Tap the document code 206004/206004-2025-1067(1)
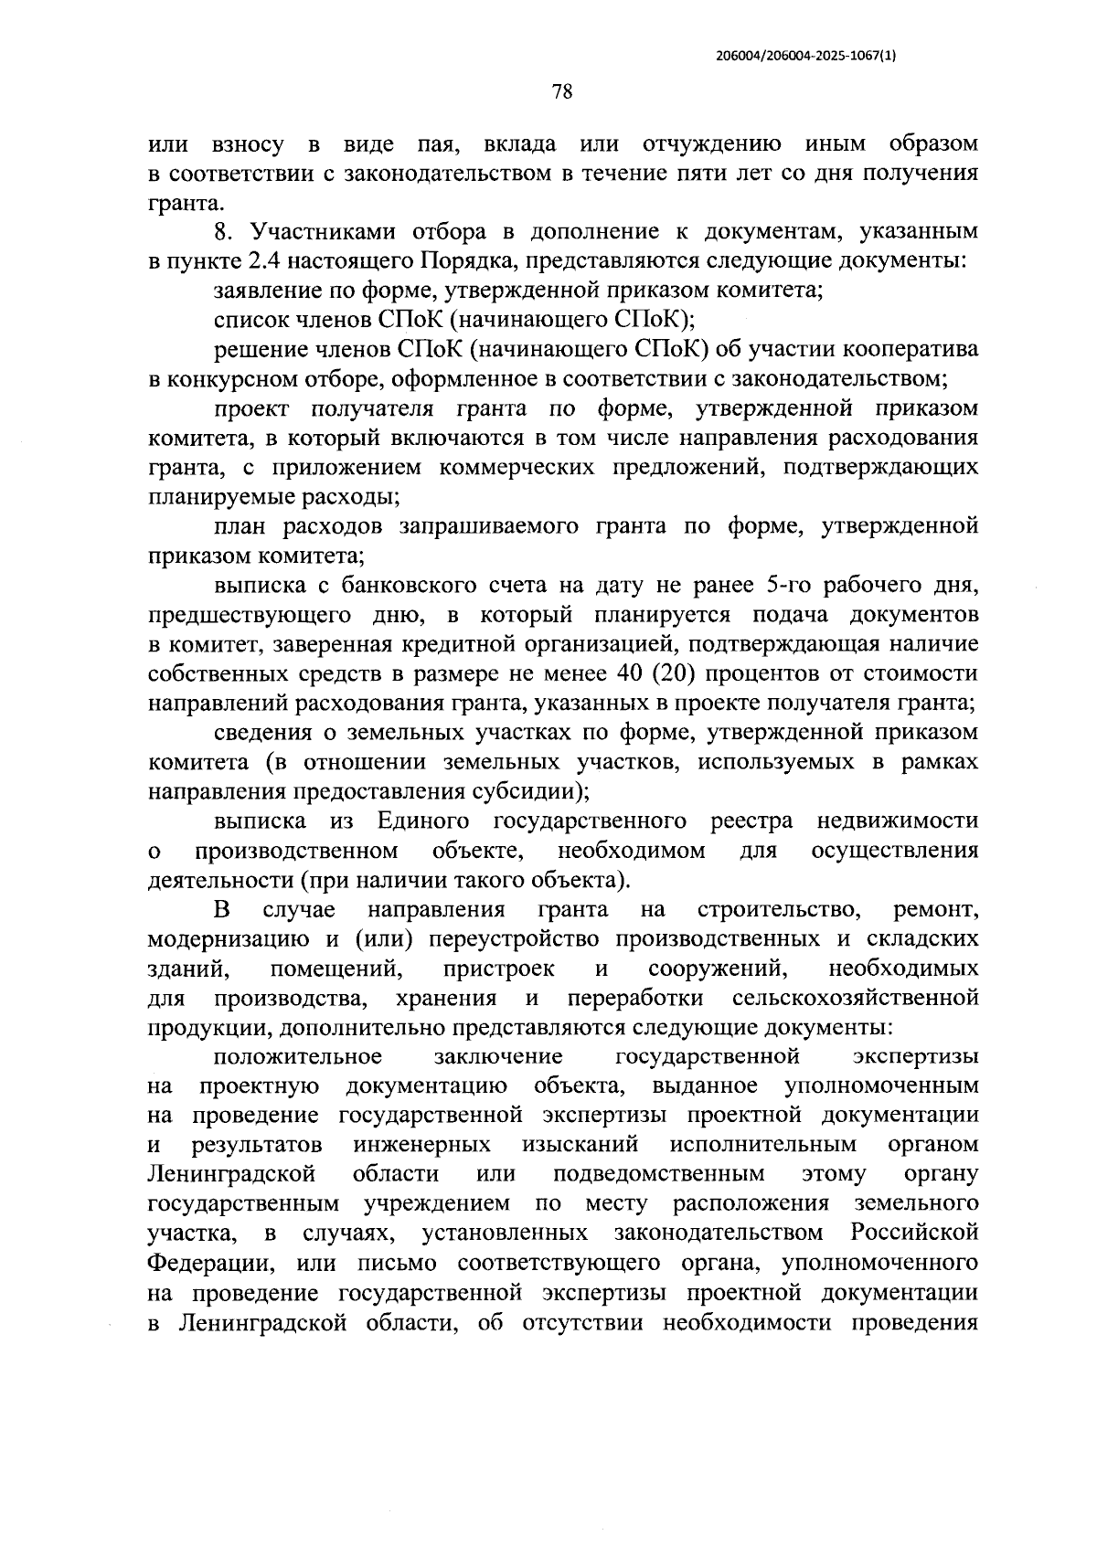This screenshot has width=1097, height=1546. pos(805,55)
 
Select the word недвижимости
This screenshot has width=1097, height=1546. pos(897,821)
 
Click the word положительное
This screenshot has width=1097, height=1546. pos(297,1057)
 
